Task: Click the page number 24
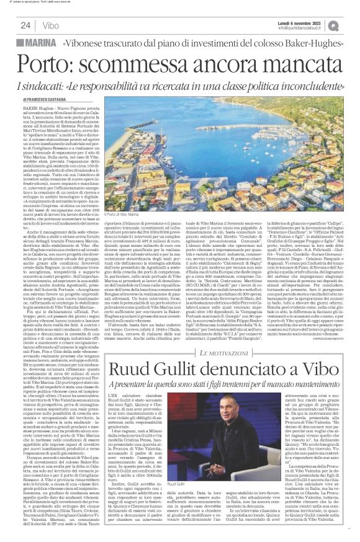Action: [x=26, y=25]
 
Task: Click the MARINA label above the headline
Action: [x=42, y=42]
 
